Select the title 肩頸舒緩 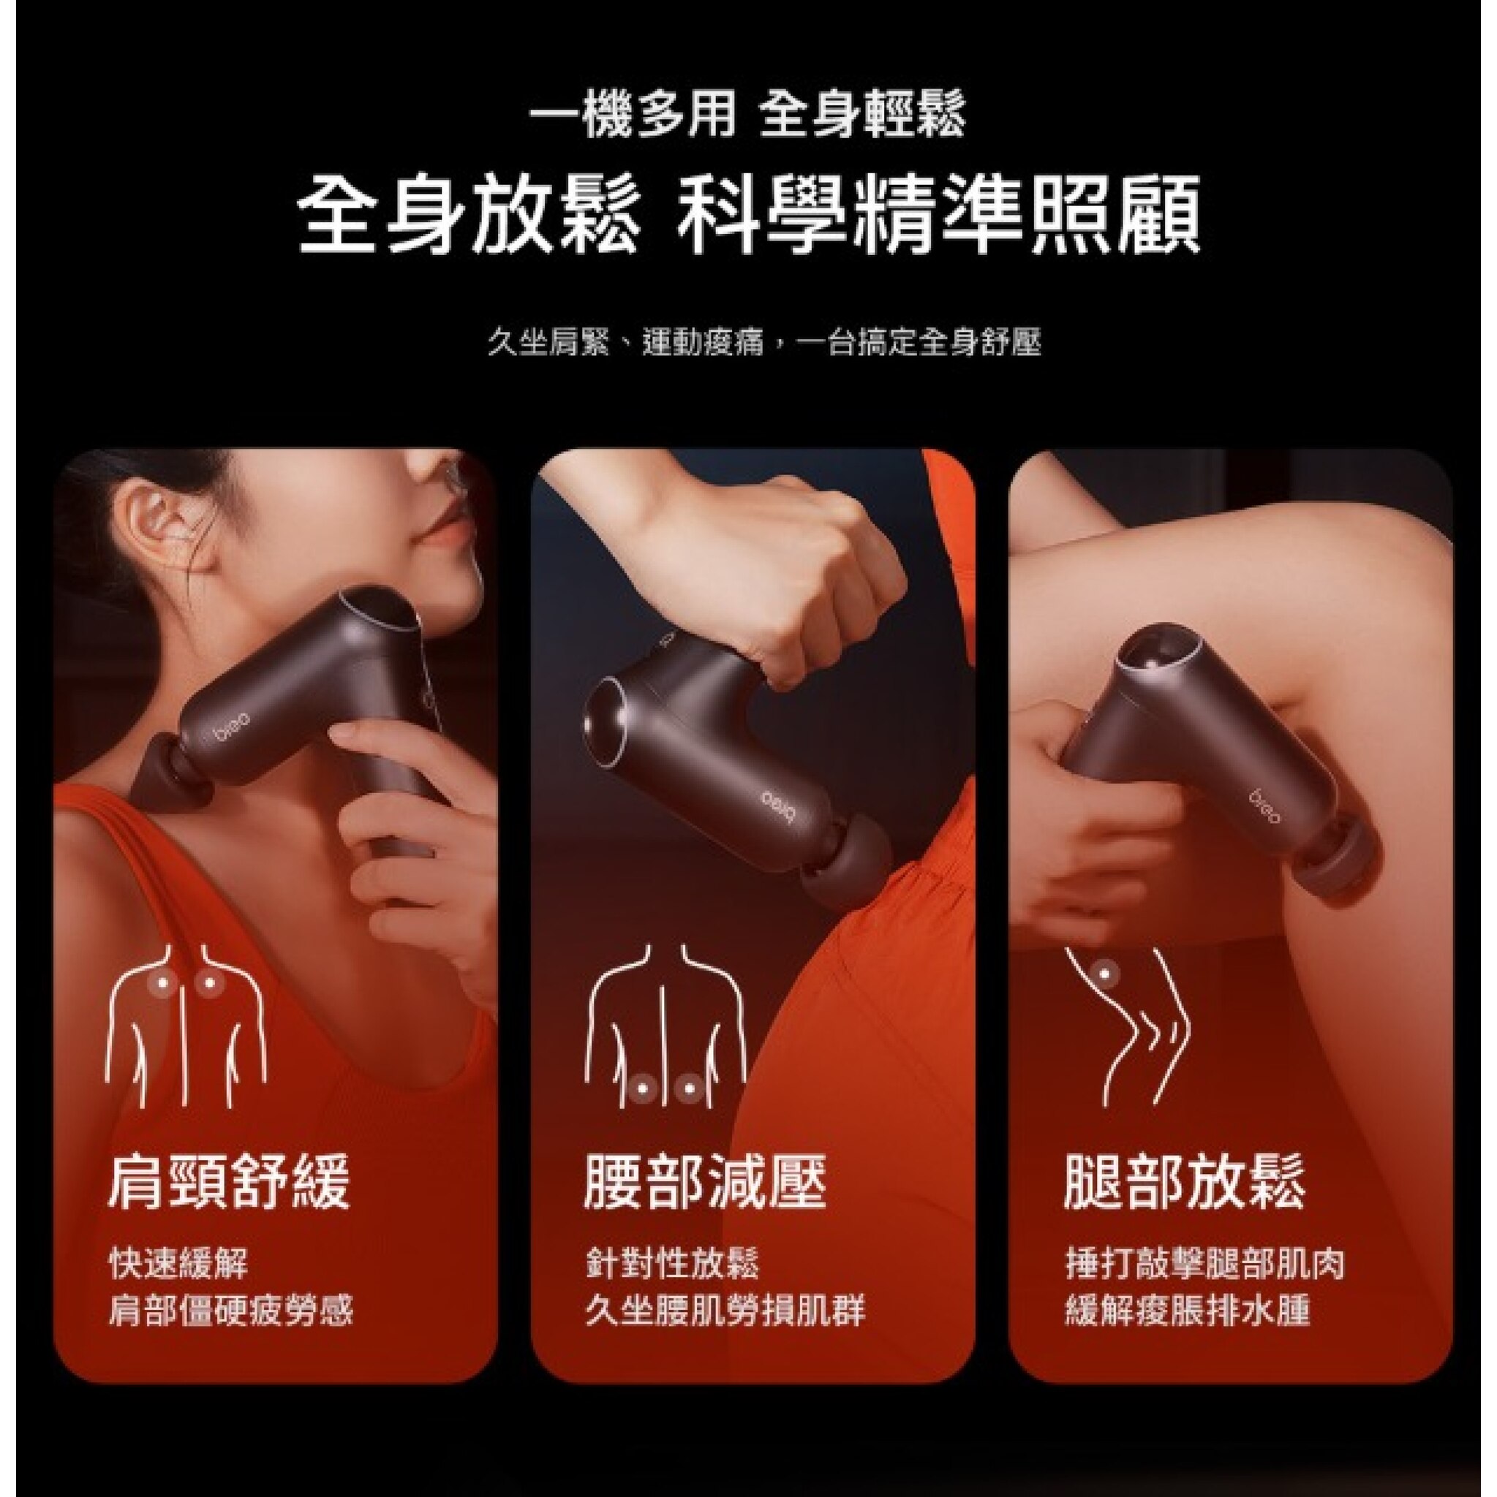[x=229, y=1182]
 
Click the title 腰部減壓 [x=705, y=1182]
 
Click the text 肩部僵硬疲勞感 [x=230, y=1311]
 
